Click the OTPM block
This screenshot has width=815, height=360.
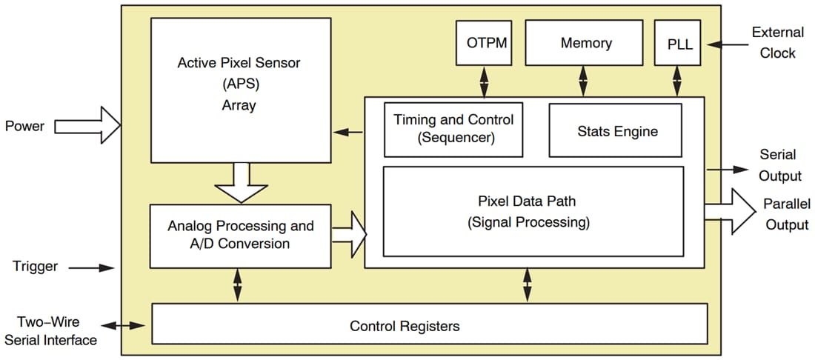(486, 43)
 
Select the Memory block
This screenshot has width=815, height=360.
(585, 43)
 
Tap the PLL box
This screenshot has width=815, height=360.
(678, 44)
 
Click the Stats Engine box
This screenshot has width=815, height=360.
(616, 130)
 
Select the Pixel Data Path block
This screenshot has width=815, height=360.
(532, 211)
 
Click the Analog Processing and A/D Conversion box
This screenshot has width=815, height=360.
(240, 236)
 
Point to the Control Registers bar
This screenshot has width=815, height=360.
(429, 325)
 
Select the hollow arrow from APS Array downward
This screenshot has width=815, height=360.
(240, 182)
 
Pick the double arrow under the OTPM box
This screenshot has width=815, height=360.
(485, 81)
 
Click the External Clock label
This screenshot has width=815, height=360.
(777, 43)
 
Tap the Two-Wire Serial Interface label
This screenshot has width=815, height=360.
(50, 331)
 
